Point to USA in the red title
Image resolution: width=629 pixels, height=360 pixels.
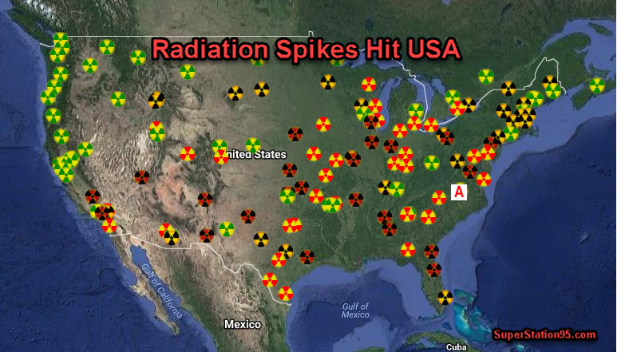pyautogui.click(x=432, y=49)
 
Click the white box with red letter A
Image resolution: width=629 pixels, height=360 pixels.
pyautogui.click(x=459, y=192)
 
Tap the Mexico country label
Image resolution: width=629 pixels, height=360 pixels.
pyautogui.click(x=243, y=324)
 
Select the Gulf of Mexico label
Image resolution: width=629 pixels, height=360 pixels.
pyautogui.click(x=355, y=311)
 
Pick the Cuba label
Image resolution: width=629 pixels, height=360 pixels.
pyautogui.click(x=456, y=347)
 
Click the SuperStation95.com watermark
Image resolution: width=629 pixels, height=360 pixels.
pyautogui.click(x=544, y=334)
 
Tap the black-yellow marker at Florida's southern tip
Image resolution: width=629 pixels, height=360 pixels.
pyautogui.click(x=445, y=297)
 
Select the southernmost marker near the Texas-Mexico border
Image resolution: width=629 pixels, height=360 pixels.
pyautogui.click(x=285, y=293)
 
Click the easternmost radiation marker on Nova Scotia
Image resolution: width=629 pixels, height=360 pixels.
pyautogui.click(x=596, y=85)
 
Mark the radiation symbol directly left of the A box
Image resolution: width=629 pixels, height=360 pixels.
pyautogui.click(x=439, y=197)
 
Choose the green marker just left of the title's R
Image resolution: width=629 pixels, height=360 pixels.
pyautogui.click(x=138, y=57)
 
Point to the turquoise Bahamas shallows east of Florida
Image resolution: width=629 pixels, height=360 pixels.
pyautogui.click(x=471, y=319)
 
